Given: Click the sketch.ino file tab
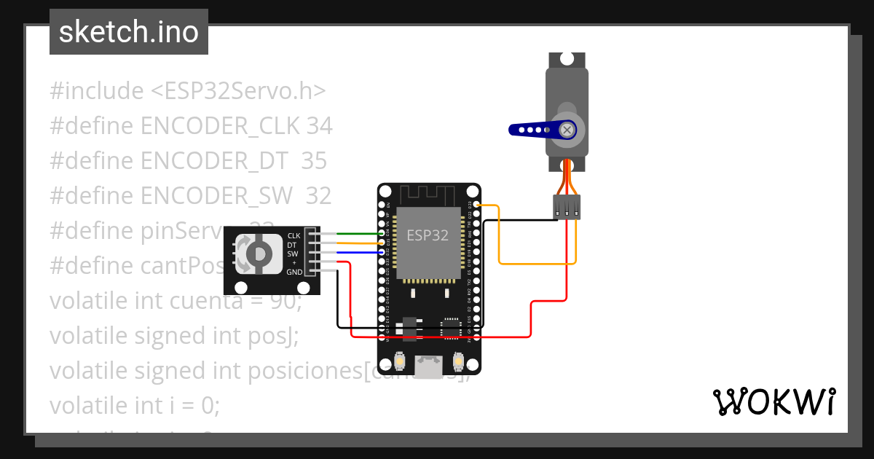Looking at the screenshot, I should (x=128, y=32).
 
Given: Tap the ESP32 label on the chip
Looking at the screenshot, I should (x=427, y=235).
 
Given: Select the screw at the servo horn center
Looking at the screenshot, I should (x=567, y=130).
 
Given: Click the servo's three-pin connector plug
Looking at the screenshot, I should (x=567, y=206).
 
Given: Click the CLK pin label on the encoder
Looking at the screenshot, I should (x=294, y=235).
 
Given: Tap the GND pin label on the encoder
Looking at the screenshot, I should (x=294, y=272).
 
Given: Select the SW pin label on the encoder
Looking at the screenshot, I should (x=292, y=254).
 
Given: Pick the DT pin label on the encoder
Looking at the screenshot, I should (x=292, y=245).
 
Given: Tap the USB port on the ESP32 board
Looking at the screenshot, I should (x=429, y=366).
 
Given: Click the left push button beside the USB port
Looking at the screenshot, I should (x=399, y=361).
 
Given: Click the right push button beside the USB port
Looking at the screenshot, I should (x=459, y=361).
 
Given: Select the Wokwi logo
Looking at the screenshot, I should (x=773, y=401).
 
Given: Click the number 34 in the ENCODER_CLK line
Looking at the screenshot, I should (x=319, y=126).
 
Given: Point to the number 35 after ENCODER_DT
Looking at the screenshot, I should (x=314, y=161).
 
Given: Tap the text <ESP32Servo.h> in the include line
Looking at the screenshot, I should (x=238, y=91).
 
